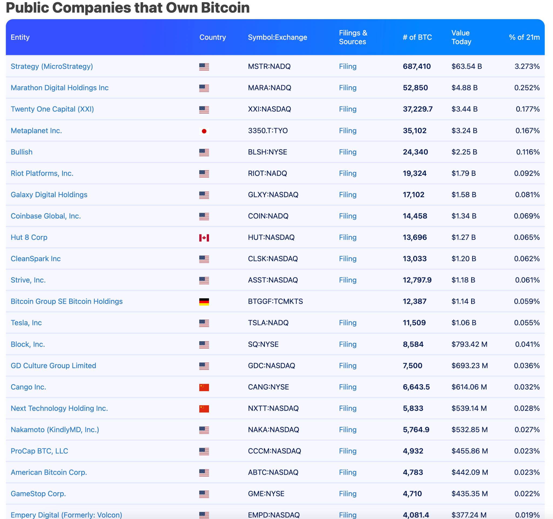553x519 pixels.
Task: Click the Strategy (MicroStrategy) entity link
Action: tap(52, 66)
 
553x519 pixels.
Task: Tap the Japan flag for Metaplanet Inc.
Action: tap(204, 131)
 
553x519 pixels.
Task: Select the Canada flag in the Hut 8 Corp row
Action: tap(204, 238)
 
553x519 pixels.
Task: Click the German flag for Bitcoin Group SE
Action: tap(204, 302)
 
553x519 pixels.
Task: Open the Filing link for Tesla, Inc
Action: tap(348, 323)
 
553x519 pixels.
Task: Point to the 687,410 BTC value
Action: tap(416, 66)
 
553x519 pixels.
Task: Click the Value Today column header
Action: tap(461, 37)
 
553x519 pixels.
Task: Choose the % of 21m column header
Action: tap(524, 37)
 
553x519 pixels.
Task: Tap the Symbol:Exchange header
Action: tap(277, 37)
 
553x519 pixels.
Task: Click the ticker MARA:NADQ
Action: tap(269, 88)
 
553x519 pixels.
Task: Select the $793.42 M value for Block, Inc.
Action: tap(469, 344)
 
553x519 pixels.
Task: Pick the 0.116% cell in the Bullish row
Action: tap(528, 152)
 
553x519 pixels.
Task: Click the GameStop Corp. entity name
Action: tap(38, 494)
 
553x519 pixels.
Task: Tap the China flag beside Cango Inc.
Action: tap(204, 387)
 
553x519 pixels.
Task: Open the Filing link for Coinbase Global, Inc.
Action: tap(348, 216)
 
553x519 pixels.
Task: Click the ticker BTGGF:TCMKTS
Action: tap(275, 302)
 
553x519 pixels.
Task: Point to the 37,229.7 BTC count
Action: tap(417, 109)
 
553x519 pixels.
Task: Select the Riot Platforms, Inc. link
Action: tap(42, 173)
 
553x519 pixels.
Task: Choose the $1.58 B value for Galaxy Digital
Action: tap(464, 195)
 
